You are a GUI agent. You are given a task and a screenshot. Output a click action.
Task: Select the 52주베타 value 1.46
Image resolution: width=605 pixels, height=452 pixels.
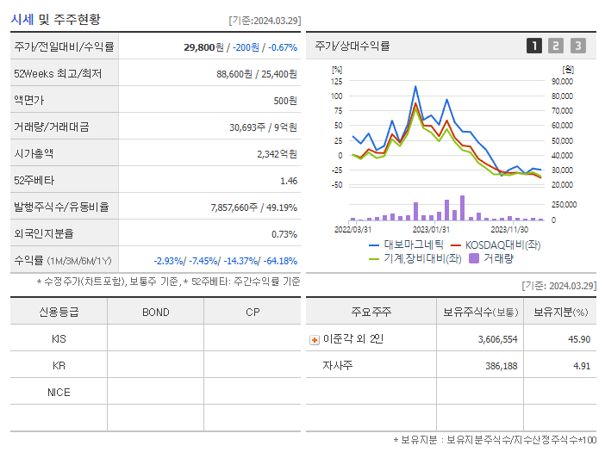coord(289,181)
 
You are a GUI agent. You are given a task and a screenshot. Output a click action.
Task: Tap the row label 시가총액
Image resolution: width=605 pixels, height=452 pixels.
coord(34,154)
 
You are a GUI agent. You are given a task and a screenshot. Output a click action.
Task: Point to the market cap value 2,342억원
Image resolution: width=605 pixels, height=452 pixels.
coord(277,154)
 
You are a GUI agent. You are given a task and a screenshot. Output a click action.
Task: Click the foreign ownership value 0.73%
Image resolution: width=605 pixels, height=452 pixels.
coord(284,234)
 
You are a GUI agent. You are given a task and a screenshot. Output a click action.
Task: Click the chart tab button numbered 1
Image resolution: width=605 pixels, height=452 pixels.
coord(534,46)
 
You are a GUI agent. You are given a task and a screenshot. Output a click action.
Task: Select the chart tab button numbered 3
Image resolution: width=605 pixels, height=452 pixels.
coord(577,46)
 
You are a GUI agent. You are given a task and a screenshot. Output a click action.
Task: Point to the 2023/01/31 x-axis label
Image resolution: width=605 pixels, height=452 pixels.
coord(431,229)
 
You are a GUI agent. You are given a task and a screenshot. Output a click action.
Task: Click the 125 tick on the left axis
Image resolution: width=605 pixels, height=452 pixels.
coord(337,81)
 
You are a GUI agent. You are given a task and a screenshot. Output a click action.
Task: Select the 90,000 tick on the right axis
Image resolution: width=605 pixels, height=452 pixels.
coord(562,81)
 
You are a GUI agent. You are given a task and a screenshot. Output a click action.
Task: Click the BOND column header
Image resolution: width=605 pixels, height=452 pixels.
coord(155,312)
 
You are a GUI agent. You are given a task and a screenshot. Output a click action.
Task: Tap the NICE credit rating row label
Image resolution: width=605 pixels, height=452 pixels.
coord(59,392)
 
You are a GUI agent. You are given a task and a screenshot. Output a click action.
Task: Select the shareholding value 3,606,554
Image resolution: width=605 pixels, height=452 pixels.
coord(497,339)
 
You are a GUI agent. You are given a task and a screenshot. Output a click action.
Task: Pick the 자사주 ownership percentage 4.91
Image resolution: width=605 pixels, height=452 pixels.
coord(580,366)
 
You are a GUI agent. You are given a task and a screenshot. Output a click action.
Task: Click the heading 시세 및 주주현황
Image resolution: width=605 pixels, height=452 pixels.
coord(57,19)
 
